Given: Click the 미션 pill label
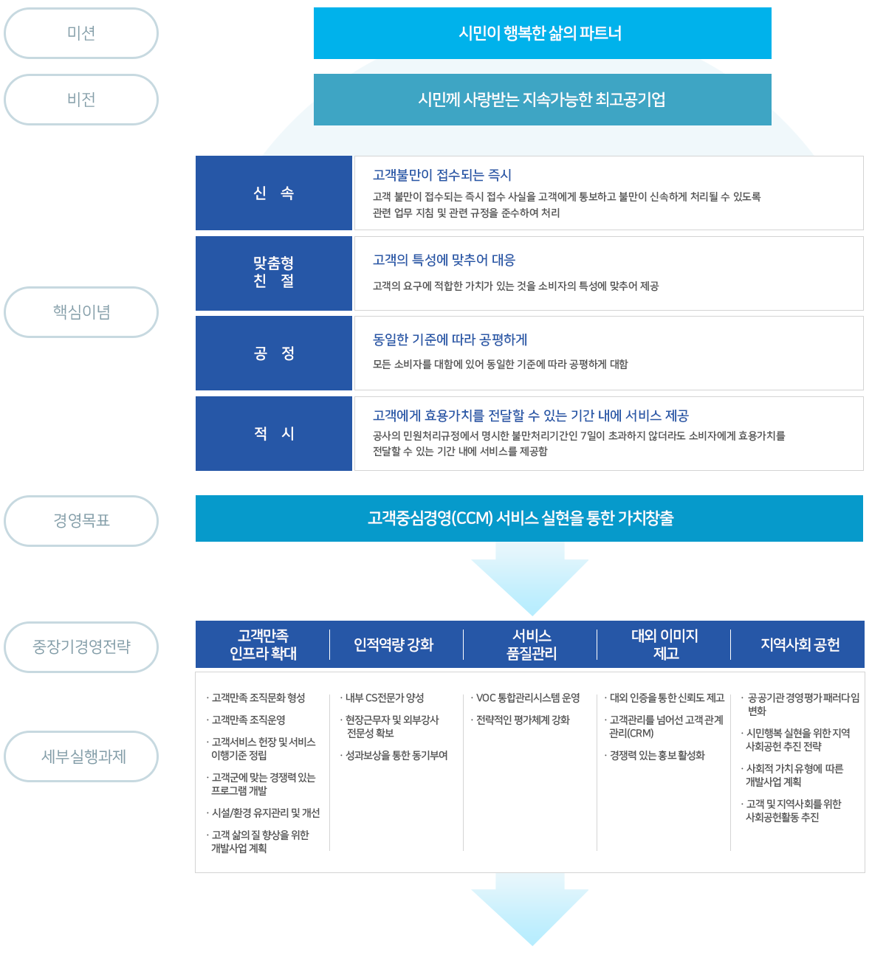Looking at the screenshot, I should [x=81, y=33].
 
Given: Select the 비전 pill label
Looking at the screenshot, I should [x=81, y=100].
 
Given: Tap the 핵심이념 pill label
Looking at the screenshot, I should [x=81, y=312].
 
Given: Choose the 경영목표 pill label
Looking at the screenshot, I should [x=81, y=521].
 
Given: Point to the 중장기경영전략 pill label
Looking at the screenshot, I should [x=81, y=647].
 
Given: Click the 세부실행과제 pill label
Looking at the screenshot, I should [x=81, y=756].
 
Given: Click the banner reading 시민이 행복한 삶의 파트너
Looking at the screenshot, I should [x=542, y=33].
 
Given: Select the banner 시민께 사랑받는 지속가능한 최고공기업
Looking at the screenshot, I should [x=542, y=100].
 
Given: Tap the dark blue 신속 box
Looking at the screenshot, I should [x=274, y=193].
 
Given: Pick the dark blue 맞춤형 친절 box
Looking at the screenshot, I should [x=274, y=273].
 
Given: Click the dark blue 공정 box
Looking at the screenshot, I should [x=274, y=354].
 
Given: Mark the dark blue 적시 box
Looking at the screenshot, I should [x=274, y=433].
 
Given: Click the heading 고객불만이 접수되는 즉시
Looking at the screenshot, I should [x=442, y=175].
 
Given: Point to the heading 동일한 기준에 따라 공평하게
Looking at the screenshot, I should [x=450, y=339].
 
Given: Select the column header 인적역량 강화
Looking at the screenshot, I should [x=394, y=645].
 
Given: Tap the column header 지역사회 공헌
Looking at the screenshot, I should [x=800, y=645].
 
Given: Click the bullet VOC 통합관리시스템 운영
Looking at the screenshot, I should [x=528, y=698].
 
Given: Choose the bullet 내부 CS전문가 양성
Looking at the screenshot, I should [x=385, y=698].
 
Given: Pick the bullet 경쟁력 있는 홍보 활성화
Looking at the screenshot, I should [x=657, y=756].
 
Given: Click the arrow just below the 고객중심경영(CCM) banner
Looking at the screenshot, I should [x=530, y=579].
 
